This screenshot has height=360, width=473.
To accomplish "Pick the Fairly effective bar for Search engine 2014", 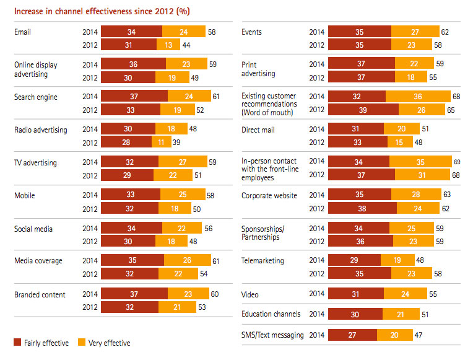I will (134, 97).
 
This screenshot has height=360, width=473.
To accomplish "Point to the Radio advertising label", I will (40, 130).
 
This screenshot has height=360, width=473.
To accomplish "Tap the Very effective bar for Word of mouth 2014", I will (418, 97).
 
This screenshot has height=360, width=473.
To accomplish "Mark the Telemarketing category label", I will (263, 261).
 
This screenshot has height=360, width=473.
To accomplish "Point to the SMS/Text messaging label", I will (272, 335).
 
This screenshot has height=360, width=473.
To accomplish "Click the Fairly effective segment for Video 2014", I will (356, 294).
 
